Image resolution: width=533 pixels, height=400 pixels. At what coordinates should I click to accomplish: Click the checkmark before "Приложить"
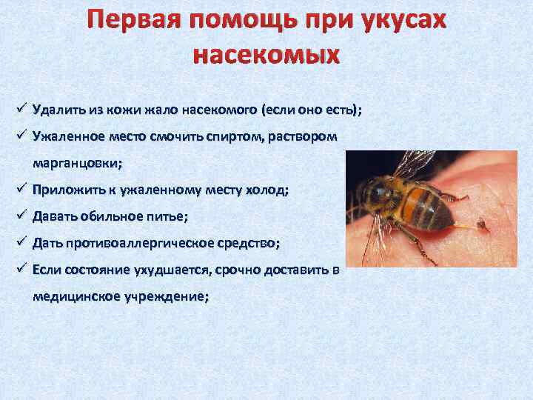[x=19, y=189]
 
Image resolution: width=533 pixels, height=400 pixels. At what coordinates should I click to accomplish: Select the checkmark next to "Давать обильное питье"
[x=19, y=216]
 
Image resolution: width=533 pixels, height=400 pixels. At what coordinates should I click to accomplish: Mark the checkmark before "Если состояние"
[x=19, y=269]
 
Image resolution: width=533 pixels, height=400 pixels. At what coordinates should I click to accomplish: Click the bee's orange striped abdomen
[x=426, y=204]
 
